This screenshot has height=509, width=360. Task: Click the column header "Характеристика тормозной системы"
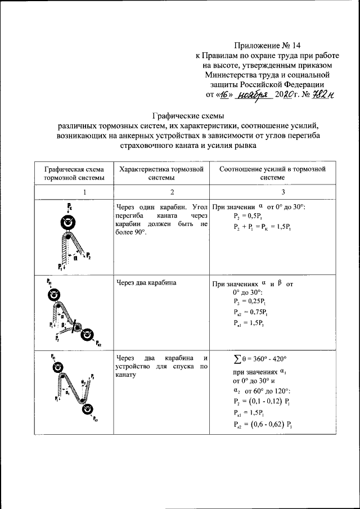pos(161,173)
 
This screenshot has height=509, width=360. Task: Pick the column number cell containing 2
pos(161,192)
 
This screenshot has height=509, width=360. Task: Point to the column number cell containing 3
pos(272,192)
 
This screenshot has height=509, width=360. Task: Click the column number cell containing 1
pos(71,192)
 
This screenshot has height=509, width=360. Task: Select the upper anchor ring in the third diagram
pos(56,367)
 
